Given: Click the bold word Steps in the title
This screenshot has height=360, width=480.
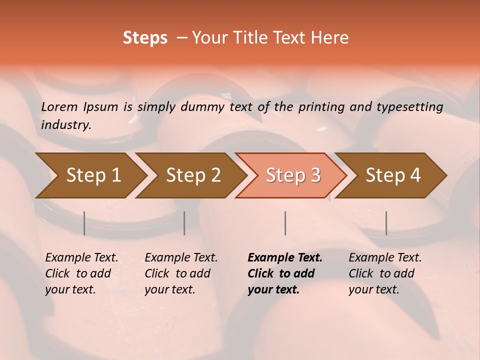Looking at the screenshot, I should pos(145,38).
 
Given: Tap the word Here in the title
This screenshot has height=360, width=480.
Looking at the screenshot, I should pos(328,38).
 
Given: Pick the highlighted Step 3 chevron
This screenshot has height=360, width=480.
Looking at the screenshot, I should pos(293,175).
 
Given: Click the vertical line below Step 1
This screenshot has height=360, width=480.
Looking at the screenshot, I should pos(84,223).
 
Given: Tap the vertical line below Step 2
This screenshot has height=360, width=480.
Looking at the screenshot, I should pos(184,223).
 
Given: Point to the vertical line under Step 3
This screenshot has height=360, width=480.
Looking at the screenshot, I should pos(285,223).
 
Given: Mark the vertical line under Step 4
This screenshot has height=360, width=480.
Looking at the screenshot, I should pos(386,223).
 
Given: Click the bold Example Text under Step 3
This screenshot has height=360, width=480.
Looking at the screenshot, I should pos(285,258).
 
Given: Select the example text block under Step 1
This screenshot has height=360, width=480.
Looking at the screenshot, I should pos(81,273).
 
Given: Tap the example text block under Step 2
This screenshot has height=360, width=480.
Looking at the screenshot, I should pos(181,273).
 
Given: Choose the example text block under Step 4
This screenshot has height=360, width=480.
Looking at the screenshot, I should pos(385,273).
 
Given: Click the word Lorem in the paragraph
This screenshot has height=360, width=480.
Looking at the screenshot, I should pos(59,106).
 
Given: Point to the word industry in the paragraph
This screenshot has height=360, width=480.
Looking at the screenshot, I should pos(65,125).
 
